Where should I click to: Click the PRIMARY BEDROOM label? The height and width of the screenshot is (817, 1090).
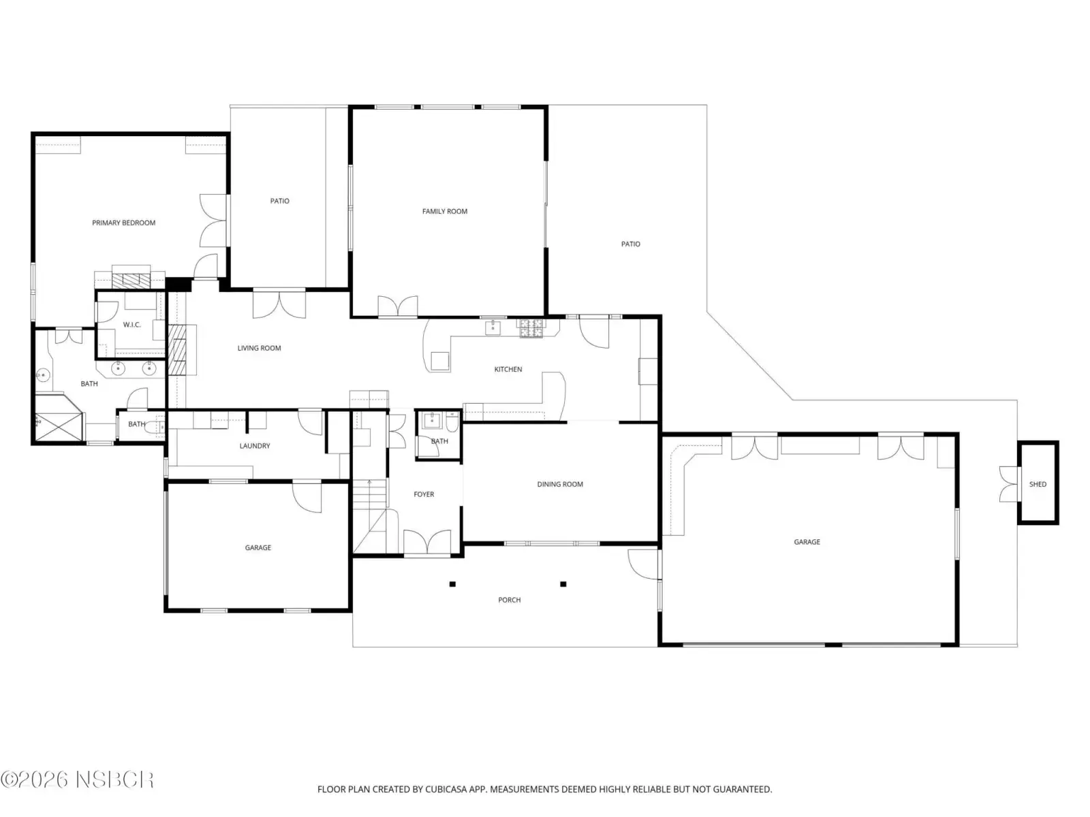click(124, 223)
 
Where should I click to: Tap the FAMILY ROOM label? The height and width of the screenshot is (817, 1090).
click(444, 211)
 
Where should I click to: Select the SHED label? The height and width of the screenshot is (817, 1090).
click(1038, 484)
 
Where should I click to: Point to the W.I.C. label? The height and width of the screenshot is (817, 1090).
click(131, 325)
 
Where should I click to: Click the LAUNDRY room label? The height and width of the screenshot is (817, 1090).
click(255, 446)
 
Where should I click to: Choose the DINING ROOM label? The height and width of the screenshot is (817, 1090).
click(560, 484)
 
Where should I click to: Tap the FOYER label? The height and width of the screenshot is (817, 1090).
click(424, 494)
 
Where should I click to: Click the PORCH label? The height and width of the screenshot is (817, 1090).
click(509, 600)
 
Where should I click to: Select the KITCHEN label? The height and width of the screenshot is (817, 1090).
click(508, 369)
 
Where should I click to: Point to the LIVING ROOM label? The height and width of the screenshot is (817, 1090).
click(260, 348)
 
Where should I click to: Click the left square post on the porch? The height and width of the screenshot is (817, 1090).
click(452, 584)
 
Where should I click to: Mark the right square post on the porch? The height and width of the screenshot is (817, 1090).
click(563, 584)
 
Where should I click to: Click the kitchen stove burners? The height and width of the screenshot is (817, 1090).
click(531, 328)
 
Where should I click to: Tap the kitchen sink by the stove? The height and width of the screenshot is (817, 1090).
click(493, 328)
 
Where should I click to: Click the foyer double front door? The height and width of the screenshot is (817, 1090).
click(427, 542)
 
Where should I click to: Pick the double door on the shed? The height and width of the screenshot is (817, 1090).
click(1009, 483)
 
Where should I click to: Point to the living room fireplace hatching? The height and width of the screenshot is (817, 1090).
click(176, 350)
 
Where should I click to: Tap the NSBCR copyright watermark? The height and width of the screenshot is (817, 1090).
click(77, 780)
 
